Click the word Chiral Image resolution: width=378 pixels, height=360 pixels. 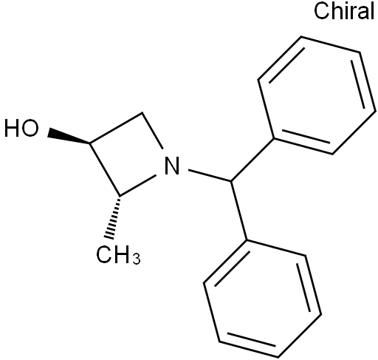click(x=344, y=10)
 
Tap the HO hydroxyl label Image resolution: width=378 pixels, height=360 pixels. click(x=21, y=128)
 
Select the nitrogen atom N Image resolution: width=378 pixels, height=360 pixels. click(x=172, y=166)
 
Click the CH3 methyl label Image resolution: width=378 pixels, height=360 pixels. click(x=118, y=254)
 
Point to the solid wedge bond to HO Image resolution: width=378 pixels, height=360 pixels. click(x=69, y=136)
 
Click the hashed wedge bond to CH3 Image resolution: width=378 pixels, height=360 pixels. click(x=114, y=217)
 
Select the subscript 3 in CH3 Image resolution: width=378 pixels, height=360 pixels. click(x=137, y=259)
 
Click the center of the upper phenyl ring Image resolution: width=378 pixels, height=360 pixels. click(x=317, y=95)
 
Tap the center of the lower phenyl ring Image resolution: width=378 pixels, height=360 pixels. click(x=262, y=298)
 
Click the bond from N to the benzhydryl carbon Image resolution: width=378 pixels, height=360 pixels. click(x=210, y=176)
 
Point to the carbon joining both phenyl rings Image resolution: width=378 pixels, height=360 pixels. click(x=231, y=182)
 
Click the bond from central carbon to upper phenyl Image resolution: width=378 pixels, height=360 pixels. click(x=252, y=160)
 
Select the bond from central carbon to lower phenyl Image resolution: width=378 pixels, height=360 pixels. click(x=239, y=211)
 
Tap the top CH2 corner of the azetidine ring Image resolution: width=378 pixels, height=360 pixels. click(x=142, y=113)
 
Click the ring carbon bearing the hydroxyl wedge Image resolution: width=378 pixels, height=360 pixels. click(x=90, y=143)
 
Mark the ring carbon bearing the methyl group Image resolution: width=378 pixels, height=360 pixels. click(x=120, y=196)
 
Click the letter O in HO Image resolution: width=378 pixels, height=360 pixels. click(x=30, y=128)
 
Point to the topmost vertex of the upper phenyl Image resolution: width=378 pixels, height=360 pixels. click(x=301, y=37)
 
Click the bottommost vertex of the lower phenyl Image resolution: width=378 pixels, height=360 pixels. click(x=278, y=357)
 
